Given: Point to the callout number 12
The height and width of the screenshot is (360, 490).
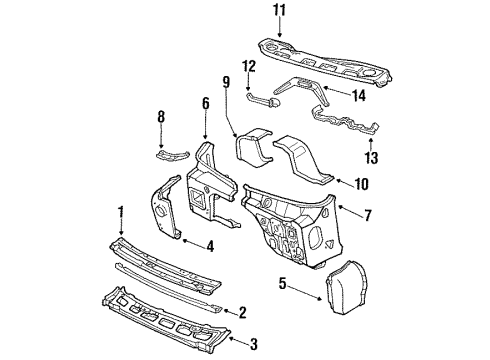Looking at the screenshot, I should tap(251, 67).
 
